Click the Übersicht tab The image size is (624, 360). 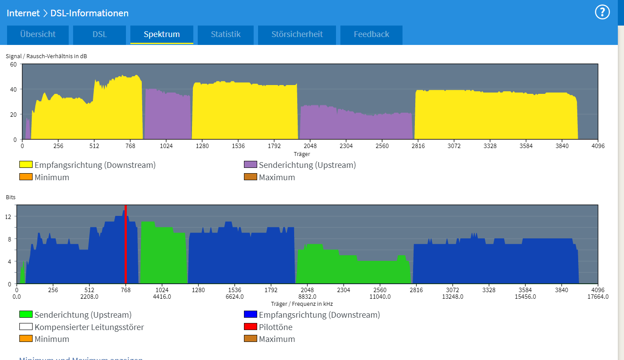tap(38, 34)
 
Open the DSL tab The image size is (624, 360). tap(100, 34)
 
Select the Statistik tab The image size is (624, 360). tap(225, 34)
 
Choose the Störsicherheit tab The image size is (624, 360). tap(297, 34)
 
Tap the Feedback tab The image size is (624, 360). tap(371, 34)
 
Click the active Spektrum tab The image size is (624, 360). tap(162, 34)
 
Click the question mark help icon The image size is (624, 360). tap(602, 12)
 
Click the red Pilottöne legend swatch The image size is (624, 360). tap(251, 327)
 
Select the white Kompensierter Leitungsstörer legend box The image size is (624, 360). tap(26, 327)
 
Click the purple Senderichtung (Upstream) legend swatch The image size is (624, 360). tap(251, 165)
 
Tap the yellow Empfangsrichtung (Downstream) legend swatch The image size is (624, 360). tap(26, 165)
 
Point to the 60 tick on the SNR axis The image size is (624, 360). tap(13, 64)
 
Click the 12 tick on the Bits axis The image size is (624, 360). tap(8, 216)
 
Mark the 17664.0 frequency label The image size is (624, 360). tap(598, 297)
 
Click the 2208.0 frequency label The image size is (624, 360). tap(89, 297)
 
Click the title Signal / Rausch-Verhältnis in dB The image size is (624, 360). tap(43, 56)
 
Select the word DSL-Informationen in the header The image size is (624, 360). tap(89, 13)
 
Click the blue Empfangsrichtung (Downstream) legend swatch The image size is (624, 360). tap(251, 315)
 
